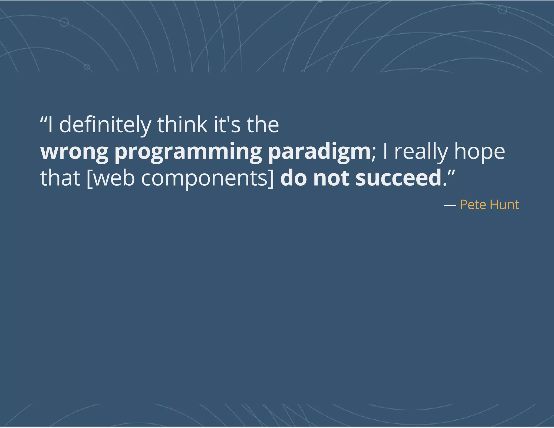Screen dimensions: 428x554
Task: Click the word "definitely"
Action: [105, 125]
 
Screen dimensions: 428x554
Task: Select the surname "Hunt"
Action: [504, 205]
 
